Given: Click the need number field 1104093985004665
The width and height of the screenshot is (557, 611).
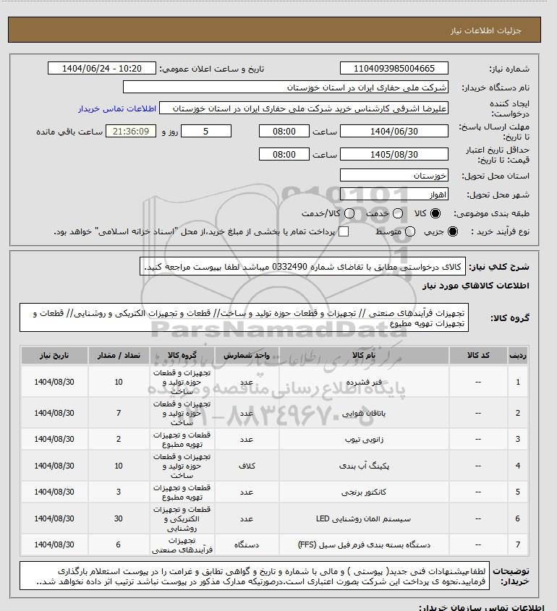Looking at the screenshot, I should pyautogui.click(x=394, y=69).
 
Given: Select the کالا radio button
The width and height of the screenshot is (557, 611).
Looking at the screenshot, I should pyautogui.click(x=435, y=214).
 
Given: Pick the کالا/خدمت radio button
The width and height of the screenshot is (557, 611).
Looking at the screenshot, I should pyautogui.click(x=350, y=214).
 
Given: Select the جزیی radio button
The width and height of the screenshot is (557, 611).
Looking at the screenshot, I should pyautogui.click(x=454, y=231).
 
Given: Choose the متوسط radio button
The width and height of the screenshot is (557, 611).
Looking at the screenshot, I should pyautogui.click(x=410, y=231).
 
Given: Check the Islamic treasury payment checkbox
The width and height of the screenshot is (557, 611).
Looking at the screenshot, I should pyautogui.click(x=344, y=231).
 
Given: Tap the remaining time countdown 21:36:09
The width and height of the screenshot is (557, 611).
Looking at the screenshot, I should pyautogui.click(x=131, y=132).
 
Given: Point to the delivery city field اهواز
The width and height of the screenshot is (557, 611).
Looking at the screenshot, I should pyautogui.click(x=394, y=195).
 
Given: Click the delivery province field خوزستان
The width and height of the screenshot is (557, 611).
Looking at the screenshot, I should pyautogui.click(x=394, y=176).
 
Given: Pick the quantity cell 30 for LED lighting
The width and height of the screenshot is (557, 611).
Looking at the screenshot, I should pyautogui.click(x=119, y=518).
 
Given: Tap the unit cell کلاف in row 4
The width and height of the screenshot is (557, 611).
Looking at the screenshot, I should pyautogui.click(x=245, y=466).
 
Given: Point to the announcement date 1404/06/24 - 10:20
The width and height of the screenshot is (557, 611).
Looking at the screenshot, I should pyautogui.click(x=101, y=69).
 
